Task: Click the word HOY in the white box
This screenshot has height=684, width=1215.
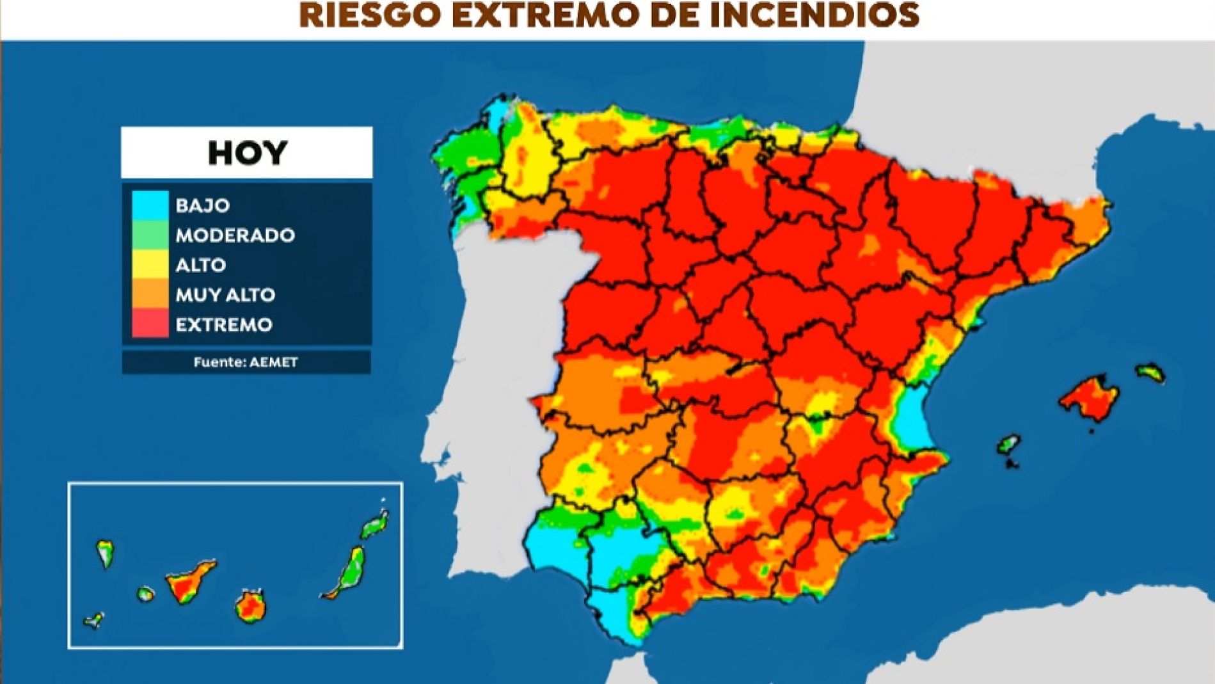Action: click(x=247, y=153)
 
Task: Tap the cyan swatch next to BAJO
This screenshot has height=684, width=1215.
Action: click(x=150, y=205)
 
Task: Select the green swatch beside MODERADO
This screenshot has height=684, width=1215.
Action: click(x=150, y=235)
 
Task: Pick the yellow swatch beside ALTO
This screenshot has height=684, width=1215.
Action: click(x=150, y=264)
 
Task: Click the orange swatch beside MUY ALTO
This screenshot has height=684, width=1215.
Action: click(x=150, y=294)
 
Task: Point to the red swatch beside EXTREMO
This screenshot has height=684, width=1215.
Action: click(x=150, y=324)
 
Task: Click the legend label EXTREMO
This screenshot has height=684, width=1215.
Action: click(x=224, y=324)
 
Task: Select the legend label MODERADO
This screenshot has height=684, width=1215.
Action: click(x=235, y=235)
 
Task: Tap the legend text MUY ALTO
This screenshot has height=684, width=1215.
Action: click(x=225, y=295)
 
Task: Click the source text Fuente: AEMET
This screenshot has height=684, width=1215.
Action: click(x=246, y=362)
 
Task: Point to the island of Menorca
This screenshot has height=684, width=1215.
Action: click(x=1150, y=372)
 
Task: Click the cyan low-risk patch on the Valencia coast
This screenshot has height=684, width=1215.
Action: click(x=911, y=419)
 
